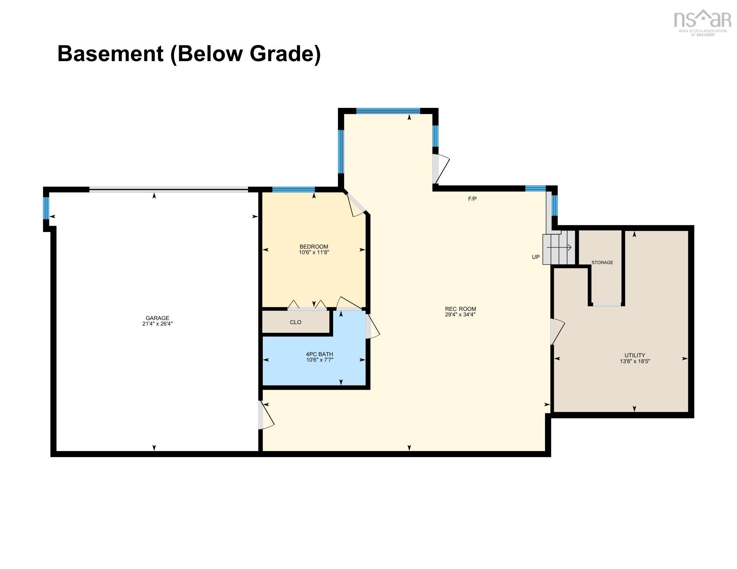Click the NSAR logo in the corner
[x=702, y=22]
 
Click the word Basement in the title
[x=110, y=53]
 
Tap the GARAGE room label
[x=157, y=318]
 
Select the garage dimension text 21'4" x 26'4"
[x=157, y=324]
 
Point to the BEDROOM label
[x=314, y=246]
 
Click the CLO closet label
[x=296, y=322]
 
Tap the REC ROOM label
[x=460, y=309]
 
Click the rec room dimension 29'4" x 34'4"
[x=460, y=315]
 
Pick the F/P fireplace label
[x=472, y=199]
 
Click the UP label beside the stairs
[x=536, y=257]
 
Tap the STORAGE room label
[x=602, y=263]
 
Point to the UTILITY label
[x=635, y=356]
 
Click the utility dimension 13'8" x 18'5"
[x=635, y=362]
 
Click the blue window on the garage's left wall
[x=46, y=208]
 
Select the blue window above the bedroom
[x=293, y=190]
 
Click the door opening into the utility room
[x=557, y=332]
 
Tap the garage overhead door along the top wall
[x=169, y=190]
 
